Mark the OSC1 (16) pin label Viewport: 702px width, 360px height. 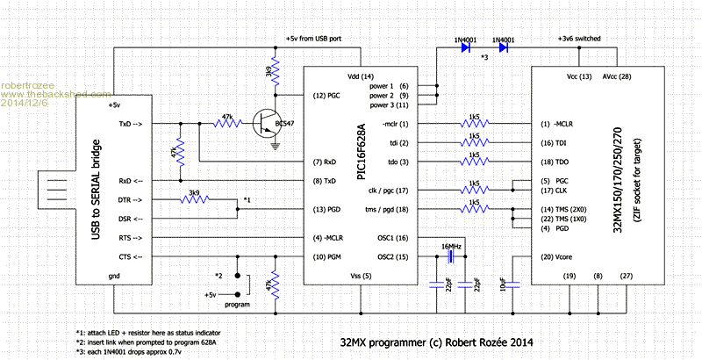pyautogui.click(x=389, y=238)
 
